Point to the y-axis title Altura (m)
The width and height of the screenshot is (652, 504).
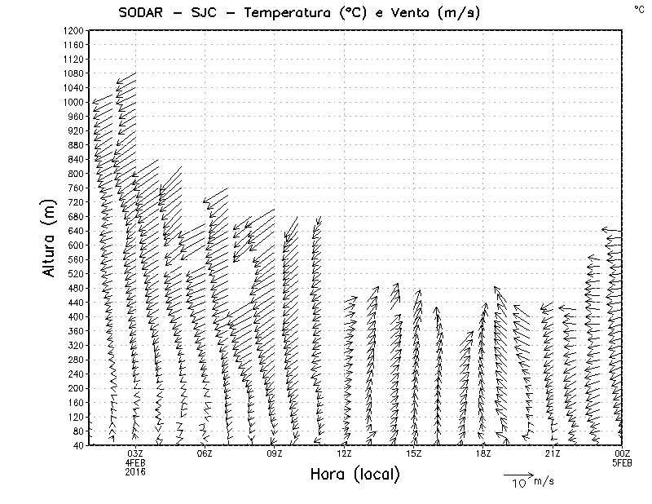coord(51,237)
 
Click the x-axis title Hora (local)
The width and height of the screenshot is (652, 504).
coord(355,474)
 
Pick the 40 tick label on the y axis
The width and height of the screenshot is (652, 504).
coord(79,444)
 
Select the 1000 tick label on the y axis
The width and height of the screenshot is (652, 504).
coord(74,102)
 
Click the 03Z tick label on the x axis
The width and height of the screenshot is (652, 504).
coord(135,453)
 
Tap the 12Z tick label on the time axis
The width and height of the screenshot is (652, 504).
coord(344,453)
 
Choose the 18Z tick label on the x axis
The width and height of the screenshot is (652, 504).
coord(482,453)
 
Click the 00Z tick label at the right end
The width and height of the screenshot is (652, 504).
coord(622,453)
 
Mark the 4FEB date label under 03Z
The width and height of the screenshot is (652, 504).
coord(135,462)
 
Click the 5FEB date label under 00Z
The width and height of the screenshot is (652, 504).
coord(622,462)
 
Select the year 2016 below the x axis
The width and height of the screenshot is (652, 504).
coord(135,471)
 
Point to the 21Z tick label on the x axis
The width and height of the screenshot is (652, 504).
coord(553,453)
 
